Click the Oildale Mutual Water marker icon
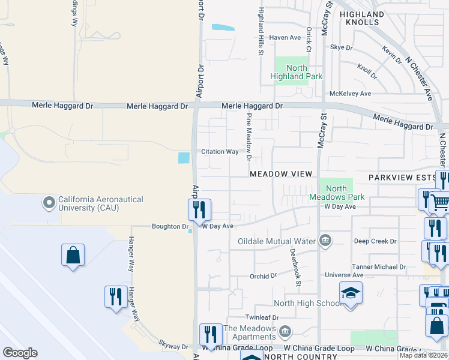pos(325,241)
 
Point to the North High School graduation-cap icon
pos(351,293)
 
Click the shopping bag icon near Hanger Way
pos(73,255)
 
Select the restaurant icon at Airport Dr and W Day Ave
pos(199,210)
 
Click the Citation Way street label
pos(220,152)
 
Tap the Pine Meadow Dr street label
pos(248,139)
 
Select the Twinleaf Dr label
pos(263,317)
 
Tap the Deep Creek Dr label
pos(375,241)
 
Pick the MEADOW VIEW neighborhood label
pos(282,174)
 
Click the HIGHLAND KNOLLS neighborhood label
pos(361,18)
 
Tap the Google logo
pos(20,353)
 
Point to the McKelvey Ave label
pos(351,94)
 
